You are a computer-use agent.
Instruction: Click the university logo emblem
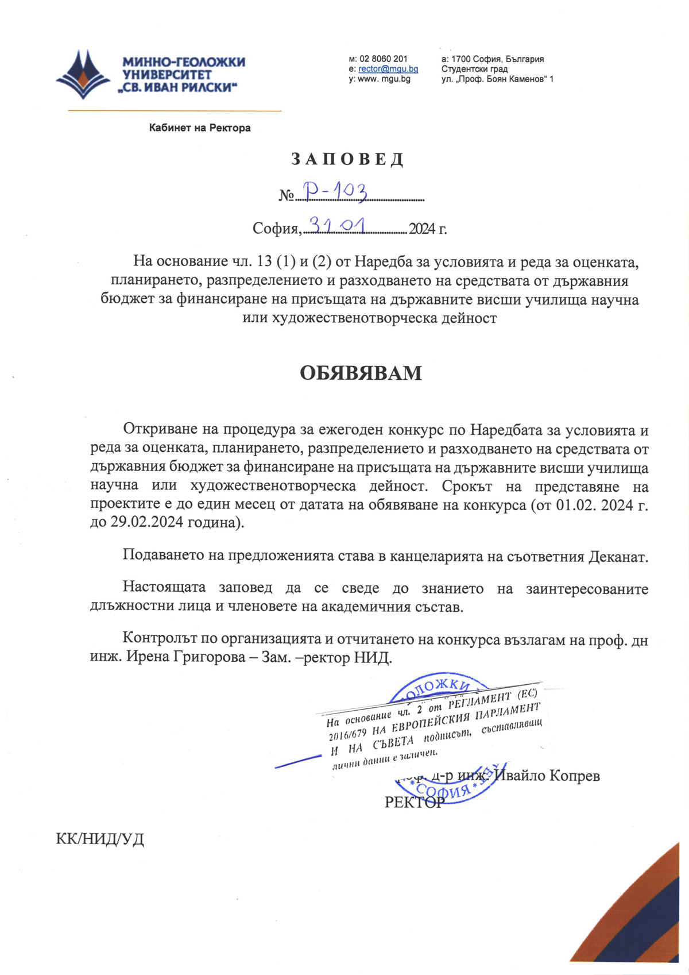coord(83,74)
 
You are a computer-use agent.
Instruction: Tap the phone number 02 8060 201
coord(383,59)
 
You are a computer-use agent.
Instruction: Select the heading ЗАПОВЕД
coord(347,159)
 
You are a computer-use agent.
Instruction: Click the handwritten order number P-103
coord(336,192)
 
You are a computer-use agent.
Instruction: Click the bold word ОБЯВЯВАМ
coord(361,373)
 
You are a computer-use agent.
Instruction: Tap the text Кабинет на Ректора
coord(200,128)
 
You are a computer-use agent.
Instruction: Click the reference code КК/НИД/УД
coord(100,839)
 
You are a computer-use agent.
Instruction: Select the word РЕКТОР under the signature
coord(415,802)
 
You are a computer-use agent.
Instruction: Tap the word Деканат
coord(618,557)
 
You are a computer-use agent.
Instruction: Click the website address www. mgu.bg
coord(384,79)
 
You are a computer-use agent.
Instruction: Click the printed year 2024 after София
coord(423,229)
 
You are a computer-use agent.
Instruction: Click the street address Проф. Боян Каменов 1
coord(497,79)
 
